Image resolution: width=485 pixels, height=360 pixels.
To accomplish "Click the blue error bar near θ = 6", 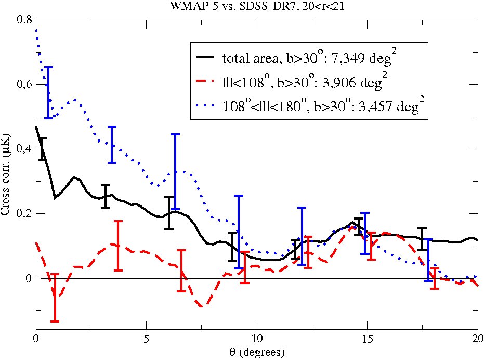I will pyautogui.click(x=175, y=172).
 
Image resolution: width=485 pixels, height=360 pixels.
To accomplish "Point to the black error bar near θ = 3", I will pyautogui.click(x=106, y=196).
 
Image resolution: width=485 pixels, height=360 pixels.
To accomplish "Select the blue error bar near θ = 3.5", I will pyautogui.click(x=112, y=145).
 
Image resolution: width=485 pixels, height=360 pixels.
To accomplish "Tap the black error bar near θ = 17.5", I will pyautogui.click(x=422, y=239).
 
